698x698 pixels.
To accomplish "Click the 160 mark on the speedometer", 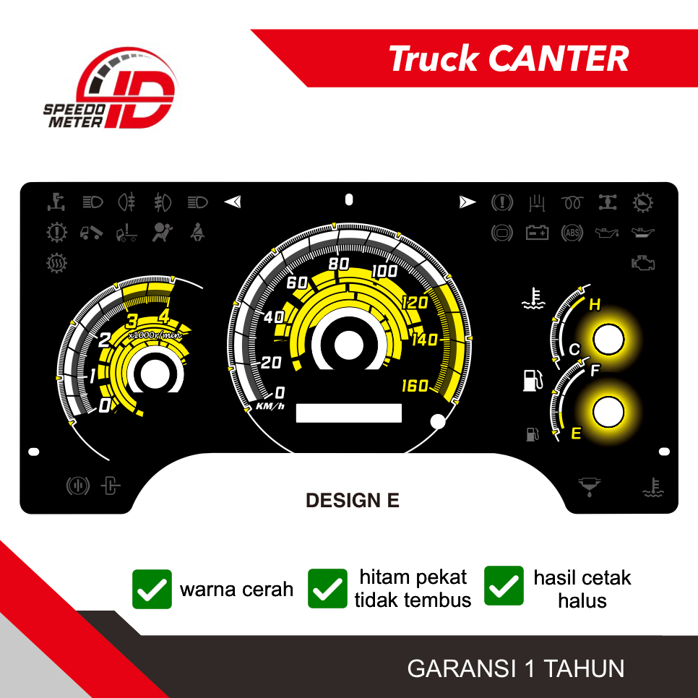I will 415,386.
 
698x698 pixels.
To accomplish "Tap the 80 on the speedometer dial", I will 339,264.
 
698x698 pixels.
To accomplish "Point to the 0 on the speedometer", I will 280,393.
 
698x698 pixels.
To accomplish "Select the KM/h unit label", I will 270,406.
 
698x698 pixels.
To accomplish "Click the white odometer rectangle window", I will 348,413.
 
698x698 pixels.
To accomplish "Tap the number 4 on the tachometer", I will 165,316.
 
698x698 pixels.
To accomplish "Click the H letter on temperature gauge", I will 595,305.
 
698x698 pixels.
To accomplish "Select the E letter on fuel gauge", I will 576,434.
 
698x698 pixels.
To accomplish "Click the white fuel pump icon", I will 532,380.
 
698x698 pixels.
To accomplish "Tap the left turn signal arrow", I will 232,202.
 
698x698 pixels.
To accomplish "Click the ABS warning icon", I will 572,233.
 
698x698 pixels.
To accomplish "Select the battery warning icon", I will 537,233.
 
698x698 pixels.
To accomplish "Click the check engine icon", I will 642,263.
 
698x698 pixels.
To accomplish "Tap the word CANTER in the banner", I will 559,59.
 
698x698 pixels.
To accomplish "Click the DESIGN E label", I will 353,501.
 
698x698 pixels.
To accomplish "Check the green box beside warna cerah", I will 152,589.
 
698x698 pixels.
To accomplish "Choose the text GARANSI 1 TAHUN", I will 516,668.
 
